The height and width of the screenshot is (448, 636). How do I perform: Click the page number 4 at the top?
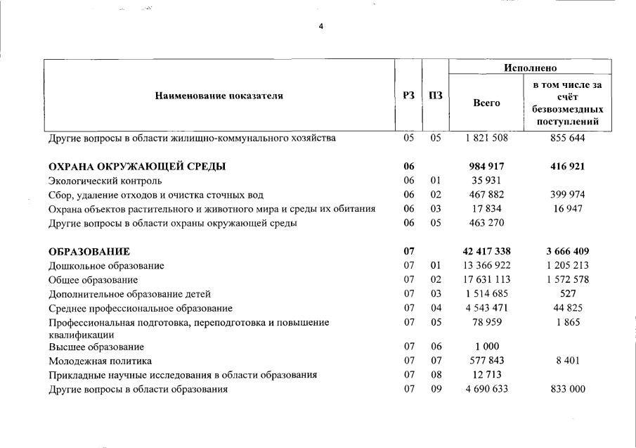point(321,27)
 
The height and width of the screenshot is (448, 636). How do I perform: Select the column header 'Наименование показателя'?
point(219,96)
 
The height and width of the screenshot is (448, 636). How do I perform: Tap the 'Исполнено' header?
point(530,68)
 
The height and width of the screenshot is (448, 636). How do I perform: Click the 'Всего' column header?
point(486,103)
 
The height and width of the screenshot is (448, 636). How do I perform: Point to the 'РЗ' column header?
point(408,96)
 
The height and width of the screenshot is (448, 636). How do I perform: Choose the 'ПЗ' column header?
point(435,96)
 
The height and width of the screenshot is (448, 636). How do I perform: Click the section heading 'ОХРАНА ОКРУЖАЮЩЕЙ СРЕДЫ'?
point(137,167)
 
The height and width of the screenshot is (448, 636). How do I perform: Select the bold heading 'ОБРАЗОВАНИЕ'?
point(89,252)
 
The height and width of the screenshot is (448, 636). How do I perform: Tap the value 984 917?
point(486,167)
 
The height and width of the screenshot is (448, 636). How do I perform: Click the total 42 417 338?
point(486,252)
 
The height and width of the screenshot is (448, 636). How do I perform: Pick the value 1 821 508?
point(486,138)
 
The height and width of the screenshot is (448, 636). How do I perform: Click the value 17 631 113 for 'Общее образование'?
point(486,280)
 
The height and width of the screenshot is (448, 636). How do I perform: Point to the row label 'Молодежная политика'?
point(100,361)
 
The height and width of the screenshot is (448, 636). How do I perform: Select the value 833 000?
point(569,389)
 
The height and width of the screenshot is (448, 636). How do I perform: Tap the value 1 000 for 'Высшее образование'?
point(486,347)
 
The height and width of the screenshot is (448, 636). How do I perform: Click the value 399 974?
point(569,195)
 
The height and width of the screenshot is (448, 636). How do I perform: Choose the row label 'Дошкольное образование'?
point(106,266)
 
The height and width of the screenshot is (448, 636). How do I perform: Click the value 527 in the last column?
point(569,294)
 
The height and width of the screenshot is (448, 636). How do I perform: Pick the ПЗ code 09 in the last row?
point(436,389)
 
